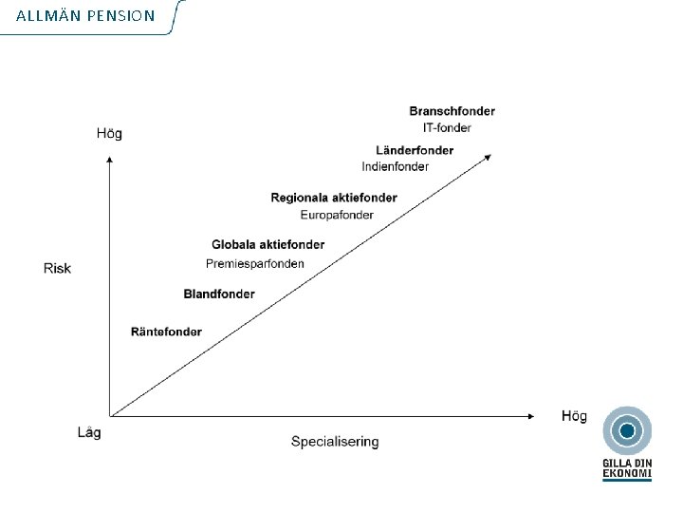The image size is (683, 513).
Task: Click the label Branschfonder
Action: [x=452, y=111]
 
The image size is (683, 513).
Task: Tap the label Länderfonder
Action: [x=415, y=150]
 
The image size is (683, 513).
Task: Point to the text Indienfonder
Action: [x=395, y=166]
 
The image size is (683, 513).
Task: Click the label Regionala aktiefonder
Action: [x=333, y=198]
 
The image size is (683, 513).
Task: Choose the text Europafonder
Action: [x=336, y=215]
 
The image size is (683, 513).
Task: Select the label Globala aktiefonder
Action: [x=268, y=244]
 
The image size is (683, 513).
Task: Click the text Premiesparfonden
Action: [x=255, y=263]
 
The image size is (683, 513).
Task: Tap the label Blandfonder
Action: [x=219, y=294]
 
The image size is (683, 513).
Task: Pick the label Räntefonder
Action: [x=166, y=332]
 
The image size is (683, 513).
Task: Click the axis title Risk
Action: [x=57, y=268]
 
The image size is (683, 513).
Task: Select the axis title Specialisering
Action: [x=335, y=441]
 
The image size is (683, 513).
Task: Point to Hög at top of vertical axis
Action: [x=109, y=133]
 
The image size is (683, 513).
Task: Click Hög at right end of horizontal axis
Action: [x=574, y=416]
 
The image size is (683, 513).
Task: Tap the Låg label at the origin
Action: [x=89, y=432]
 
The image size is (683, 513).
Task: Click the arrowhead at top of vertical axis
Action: [x=110, y=161]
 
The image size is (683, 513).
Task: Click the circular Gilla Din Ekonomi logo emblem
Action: [x=626, y=431]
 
